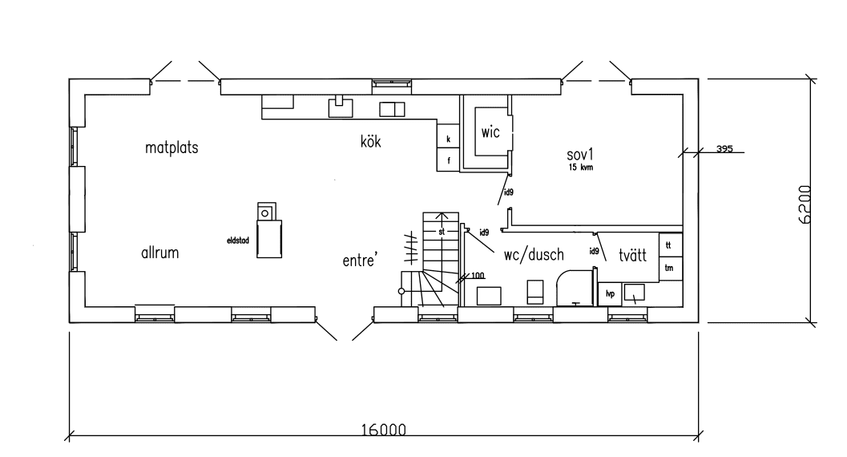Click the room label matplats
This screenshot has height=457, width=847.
pyautogui.click(x=171, y=148)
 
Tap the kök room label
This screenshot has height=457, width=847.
pyautogui.click(x=369, y=143)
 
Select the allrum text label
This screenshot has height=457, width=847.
pyautogui.click(x=159, y=253)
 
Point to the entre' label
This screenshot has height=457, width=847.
pyautogui.click(x=360, y=261)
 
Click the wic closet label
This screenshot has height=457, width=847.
pyautogui.click(x=490, y=133)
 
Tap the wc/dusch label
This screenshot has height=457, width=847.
pyautogui.click(x=534, y=255)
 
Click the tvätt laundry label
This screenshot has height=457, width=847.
pyautogui.click(x=632, y=257)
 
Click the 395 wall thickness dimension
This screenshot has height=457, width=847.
pyautogui.click(x=724, y=149)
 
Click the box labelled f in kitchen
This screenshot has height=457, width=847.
pyautogui.click(x=448, y=160)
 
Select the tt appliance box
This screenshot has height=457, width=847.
pyautogui.click(x=669, y=242)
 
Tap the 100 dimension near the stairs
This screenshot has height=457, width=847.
pyautogui.click(x=478, y=276)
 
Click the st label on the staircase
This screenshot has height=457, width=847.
pyautogui.click(x=441, y=231)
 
